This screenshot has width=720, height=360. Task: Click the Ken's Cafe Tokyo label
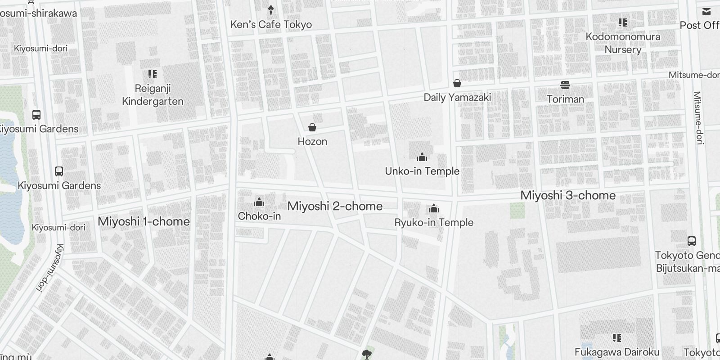point(271,24)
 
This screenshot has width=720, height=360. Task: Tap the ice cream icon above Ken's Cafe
point(271,9)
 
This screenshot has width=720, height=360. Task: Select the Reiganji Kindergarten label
point(153,95)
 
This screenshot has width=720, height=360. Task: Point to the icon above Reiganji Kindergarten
point(153,74)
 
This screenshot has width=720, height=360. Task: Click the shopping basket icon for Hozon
point(312,127)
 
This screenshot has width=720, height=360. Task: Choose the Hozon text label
point(312,141)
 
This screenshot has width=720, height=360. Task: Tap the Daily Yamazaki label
point(457,97)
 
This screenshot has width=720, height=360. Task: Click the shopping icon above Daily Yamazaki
point(457,83)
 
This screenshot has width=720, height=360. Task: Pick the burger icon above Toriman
point(565,85)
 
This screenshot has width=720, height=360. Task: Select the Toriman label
point(565,99)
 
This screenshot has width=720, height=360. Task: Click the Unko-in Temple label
point(422,171)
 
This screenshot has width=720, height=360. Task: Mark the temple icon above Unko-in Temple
point(422,157)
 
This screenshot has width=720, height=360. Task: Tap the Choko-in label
point(259,216)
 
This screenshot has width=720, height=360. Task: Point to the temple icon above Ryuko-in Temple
point(434,208)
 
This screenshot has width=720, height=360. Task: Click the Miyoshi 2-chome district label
point(335,206)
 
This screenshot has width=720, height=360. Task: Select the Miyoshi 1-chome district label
point(144,221)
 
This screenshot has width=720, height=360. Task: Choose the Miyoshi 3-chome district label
point(568,195)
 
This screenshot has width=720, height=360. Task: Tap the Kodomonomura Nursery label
point(623,43)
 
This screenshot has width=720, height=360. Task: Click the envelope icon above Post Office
point(706,12)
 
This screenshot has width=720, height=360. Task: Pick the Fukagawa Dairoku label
point(617,352)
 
